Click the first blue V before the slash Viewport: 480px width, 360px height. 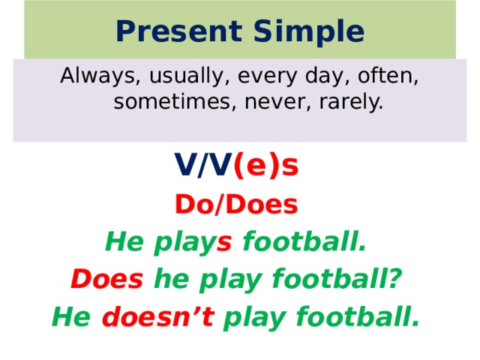(184, 166)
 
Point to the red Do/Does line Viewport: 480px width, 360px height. (236, 204)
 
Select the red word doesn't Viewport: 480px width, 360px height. (157, 317)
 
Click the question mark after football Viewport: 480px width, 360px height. (395, 280)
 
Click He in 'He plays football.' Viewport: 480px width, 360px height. (121, 242)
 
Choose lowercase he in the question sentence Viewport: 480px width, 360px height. (170, 280)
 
